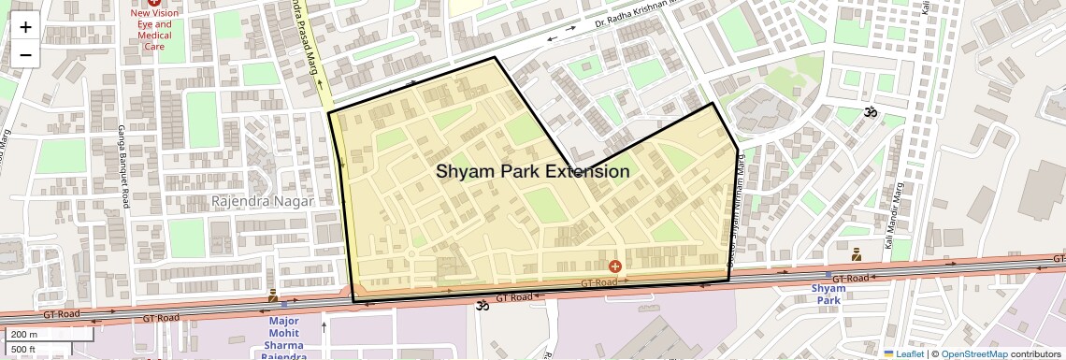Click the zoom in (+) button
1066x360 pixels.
[x=25, y=26]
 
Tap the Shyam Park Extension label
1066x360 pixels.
[x=532, y=171]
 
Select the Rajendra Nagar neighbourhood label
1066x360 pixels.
[x=263, y=201]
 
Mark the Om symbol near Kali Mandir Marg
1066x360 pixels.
[x=870, y=113]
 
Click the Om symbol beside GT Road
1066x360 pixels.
[x=483, y=304]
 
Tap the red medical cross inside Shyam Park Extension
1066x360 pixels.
[x=614, y=267]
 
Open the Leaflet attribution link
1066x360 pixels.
[x=903, y=353]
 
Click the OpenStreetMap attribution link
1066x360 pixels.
[x=973, y=353]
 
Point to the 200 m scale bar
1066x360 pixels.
[x=47, y=334]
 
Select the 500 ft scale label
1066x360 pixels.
[x=23, y=350]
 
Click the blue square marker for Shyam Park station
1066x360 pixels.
[x=828, y=275]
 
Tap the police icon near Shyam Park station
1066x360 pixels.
[x=856, y=253]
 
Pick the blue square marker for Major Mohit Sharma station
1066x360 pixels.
[x=283, y=304]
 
